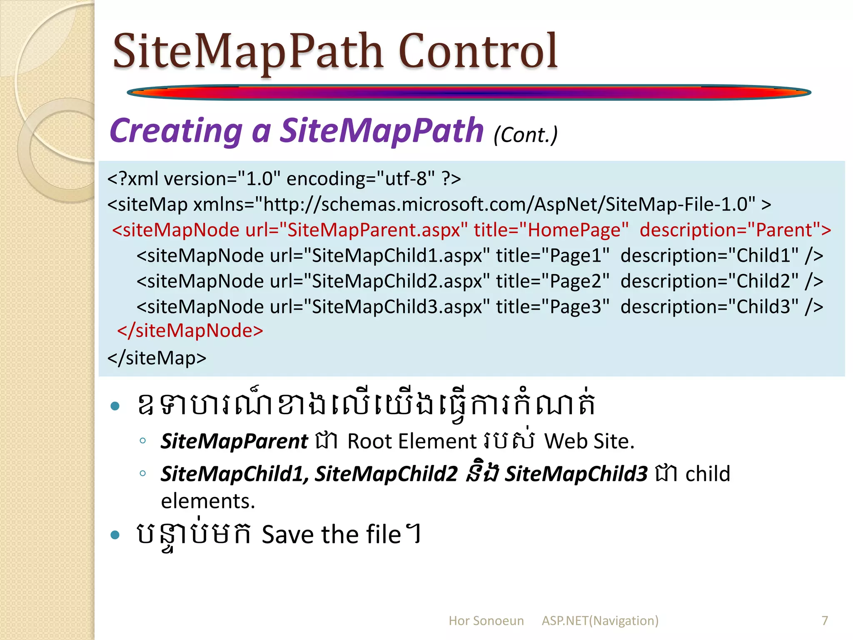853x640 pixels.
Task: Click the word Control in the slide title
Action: click(478, 52)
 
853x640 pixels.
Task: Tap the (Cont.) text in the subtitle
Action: click(525, 135)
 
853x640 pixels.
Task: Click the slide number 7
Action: click(825, 620)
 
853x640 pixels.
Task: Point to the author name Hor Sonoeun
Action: click(486, 621)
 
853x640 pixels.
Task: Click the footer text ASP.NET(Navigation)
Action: click(600, 621)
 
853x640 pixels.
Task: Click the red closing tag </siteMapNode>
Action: click(190, 331)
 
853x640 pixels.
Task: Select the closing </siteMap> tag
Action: click(157, 358)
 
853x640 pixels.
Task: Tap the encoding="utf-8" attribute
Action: click(361, 179)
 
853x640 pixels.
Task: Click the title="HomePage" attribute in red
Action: click(551, 230)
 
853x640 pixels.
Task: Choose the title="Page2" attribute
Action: click(553, 281)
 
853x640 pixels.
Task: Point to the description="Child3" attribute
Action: click(710, 307)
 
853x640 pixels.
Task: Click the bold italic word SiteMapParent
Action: click(234, 441)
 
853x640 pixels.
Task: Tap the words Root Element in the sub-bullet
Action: click(412, 441)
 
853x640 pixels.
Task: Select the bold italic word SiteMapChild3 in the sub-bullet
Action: click(576, 474)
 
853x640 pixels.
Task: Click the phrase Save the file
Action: click(331, 535)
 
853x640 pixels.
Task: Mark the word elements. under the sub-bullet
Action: click(208, 501)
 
